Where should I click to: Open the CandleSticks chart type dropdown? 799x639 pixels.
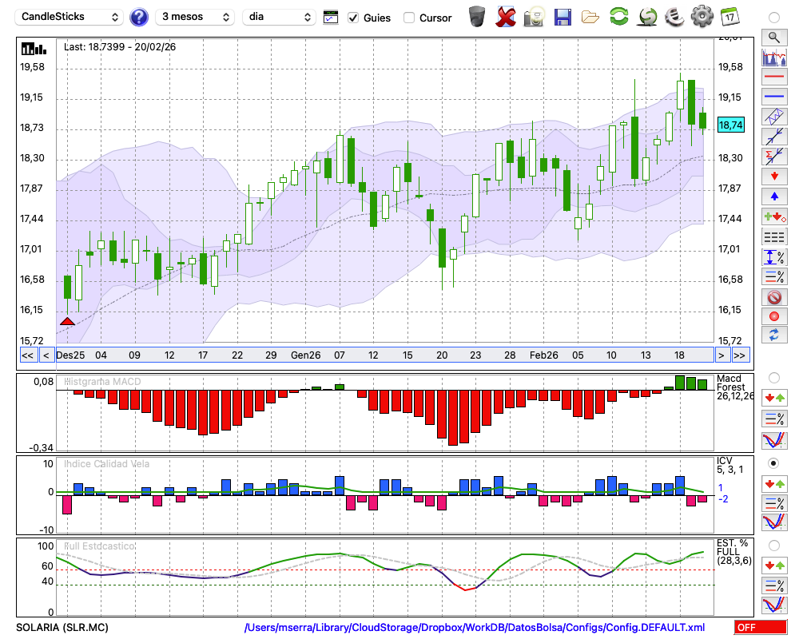70,17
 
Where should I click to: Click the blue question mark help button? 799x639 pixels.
139,17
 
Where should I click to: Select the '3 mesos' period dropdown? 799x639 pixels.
194,17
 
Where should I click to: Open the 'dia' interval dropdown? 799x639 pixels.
280,17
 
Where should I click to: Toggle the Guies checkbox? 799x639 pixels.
354,18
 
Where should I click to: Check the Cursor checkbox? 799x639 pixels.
409,18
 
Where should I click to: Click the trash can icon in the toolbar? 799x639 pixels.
477,16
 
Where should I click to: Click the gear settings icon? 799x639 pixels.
702,16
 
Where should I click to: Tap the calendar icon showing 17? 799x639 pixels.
729,16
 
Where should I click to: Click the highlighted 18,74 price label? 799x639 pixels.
730,125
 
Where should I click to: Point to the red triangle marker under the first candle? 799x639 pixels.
67,321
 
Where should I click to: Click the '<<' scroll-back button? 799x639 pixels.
27,355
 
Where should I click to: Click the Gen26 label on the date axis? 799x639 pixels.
305,355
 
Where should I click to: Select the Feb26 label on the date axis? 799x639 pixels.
544,355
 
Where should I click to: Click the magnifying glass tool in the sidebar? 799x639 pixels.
773,37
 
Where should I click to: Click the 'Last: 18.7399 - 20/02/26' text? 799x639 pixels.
120,47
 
